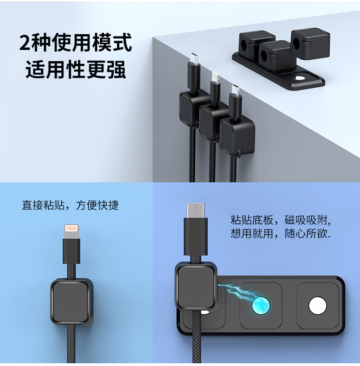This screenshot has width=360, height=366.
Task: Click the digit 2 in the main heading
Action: tap(25, 42)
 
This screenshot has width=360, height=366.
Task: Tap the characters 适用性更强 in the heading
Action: tap(76, 69)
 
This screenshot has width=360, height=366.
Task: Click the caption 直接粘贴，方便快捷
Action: tap(70, 205)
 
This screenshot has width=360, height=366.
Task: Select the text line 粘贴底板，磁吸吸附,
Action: tap(280, 220)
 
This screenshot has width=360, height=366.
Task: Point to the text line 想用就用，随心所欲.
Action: tap(280, 233)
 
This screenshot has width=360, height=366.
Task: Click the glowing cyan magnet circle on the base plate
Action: tap(261, 305)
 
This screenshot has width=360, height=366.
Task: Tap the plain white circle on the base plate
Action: tap(318, 306)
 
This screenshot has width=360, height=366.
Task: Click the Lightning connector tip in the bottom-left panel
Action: tap(71, 232)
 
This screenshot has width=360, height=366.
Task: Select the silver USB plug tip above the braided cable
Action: tap(196, 210)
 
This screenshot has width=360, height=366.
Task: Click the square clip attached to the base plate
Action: tap(196, 286)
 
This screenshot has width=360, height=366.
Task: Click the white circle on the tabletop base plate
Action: tap(298, 78)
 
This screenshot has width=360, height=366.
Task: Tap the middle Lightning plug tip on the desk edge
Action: tap(215, 76)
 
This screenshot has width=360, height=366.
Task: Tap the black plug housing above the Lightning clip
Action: tap(71, 251)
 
